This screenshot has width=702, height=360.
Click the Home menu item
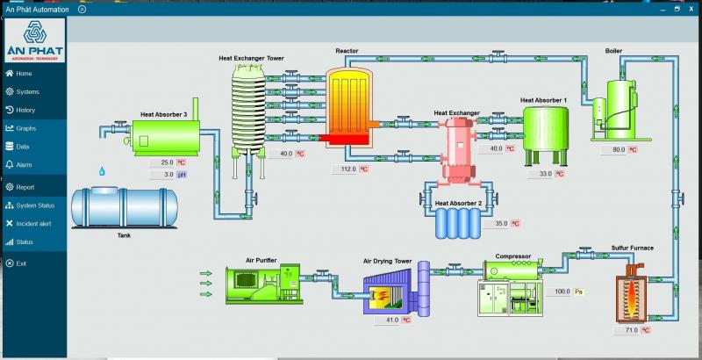[x=24, y=74]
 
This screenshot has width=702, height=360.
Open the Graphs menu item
[x=25, y=128]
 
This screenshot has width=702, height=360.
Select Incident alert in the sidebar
[x=33, y=224]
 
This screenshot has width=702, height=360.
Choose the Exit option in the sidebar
[x=21, y=263]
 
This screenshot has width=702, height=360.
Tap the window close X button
[x=689, y=10]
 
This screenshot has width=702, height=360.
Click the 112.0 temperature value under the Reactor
[x=347, y=169]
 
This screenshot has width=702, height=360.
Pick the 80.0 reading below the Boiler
[x=619, y=149]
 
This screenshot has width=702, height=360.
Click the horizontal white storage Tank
[x=123, y=206]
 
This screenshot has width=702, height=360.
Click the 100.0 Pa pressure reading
[x=562, y=292]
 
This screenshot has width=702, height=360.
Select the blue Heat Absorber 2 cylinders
[x=457, y=222]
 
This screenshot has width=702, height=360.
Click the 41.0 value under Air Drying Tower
[x=391, y=320]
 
